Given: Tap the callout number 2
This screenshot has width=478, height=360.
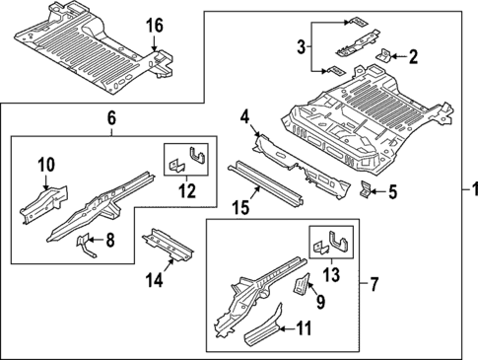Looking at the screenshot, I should (x=415, y=56).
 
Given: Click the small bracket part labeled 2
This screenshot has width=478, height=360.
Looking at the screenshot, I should (x=384, y=58).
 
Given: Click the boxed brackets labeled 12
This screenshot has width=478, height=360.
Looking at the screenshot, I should (x=187, y=158).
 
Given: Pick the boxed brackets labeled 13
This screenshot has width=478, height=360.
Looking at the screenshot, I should (x=331, y=245).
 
